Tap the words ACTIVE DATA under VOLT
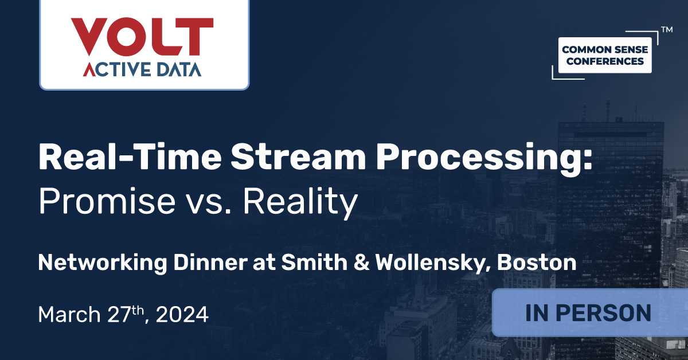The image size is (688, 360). [142, 69]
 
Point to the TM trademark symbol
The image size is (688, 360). [666, 28]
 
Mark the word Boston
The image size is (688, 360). [537, 263]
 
